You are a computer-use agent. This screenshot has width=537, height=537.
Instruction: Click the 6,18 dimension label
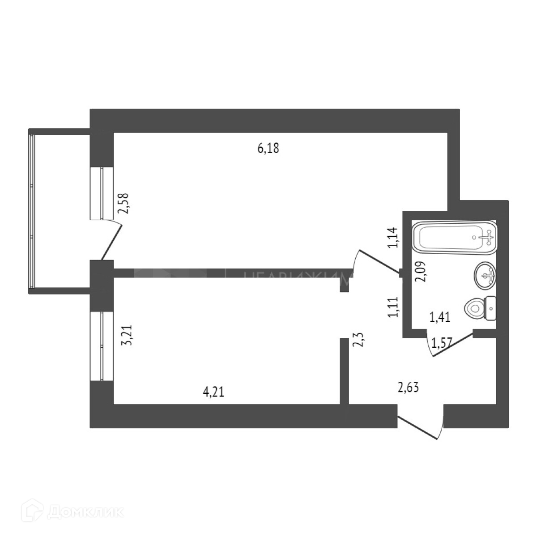pos(268,149)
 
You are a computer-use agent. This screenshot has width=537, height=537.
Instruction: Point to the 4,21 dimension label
pos(213,392)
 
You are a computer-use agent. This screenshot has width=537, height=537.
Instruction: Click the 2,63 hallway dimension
pos(408,387)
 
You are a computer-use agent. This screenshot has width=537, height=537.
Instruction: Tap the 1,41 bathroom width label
pos(439,318)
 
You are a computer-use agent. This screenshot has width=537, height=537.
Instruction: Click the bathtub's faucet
pos(488,237)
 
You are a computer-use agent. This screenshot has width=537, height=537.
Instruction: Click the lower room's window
pos(102,346)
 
